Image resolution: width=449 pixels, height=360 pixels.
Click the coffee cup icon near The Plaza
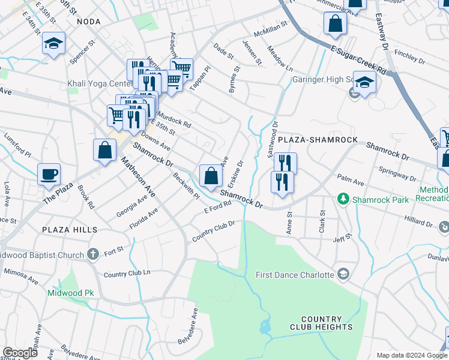pos(49,175)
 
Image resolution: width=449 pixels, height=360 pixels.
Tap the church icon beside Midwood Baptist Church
pos(92,255)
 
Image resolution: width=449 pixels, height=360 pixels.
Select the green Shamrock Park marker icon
pos(343,198)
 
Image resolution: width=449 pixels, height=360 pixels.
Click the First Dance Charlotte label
pos(294,275)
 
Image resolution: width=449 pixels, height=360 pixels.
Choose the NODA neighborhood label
pos(89,22)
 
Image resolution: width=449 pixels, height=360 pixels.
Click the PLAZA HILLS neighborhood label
pos(70,230)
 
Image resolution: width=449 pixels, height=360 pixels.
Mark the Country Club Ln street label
pos(127,274)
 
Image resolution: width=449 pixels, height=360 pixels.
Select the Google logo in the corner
pos(20,353)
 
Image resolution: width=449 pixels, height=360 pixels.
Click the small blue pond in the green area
pos(265,327)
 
